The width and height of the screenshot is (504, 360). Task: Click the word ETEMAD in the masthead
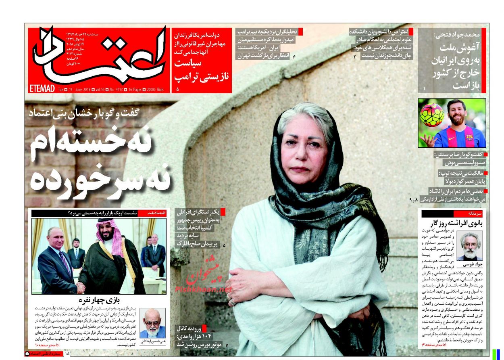[x=42, y=88]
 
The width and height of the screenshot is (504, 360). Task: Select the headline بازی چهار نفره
[x=98, y=300]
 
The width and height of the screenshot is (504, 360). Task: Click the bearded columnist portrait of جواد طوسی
[x=470, y=246]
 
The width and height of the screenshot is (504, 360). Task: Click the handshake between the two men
[x=81, y=288]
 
